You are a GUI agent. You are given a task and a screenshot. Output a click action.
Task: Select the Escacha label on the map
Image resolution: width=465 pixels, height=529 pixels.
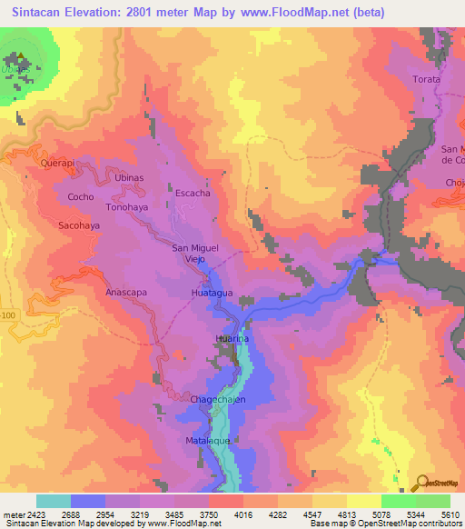coord(193,194)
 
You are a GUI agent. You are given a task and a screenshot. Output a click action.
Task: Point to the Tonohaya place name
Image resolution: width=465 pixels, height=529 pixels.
coord(126,206)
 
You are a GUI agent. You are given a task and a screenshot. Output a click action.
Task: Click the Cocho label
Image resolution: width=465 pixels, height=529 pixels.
coord(81,197)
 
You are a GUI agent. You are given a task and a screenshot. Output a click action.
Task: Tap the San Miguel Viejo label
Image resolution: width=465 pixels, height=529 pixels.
coord(196,253)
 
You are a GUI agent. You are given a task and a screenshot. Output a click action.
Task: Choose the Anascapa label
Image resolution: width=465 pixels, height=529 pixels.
coord(126,293)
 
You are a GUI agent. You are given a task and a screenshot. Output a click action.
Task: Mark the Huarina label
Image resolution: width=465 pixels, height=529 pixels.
coord(232,338)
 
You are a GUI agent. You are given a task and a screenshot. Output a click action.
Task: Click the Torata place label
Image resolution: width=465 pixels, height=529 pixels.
coord(426,80)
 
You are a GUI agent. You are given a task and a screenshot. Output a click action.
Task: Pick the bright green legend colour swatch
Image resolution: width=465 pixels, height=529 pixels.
coord(399,501)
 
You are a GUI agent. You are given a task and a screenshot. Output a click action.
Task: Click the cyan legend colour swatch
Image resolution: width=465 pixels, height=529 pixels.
coord(54,501)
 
